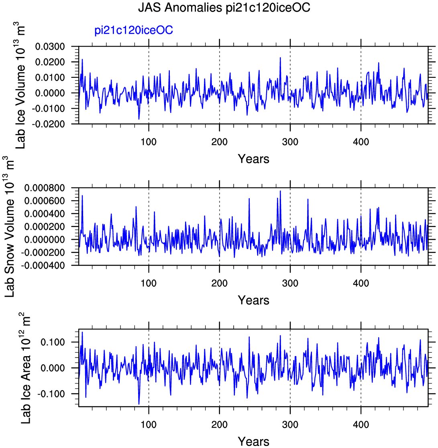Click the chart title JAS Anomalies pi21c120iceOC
pyautogui.click(x=224, y=8)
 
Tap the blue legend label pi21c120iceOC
pyautogui.click(x=134, y=30)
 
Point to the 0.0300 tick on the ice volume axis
pyautogui.click(x=50, y=46)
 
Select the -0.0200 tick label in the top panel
pyautogui.click(x=48, y=124)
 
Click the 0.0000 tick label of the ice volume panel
pyautogui.click(x=50, y=93)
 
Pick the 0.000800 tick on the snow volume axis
pyautogui.click(x=45, y=188)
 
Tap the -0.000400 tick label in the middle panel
pyautogui.click(x=43, y=266)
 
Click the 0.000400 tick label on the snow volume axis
pyautogui.click(x=45, y=214)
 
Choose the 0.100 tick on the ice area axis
pyautogui.click(x=53, y=342)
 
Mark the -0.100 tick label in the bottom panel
pyautogui.click(x=51, y=394)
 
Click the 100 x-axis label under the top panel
pyautogui.click(x=149, y=142)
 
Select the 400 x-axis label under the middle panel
pyautogui.click(x=361, y=283)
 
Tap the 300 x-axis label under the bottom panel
pyautogui.click(x=290, y=425)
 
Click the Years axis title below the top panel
pyautogui.click(x=254, y=159)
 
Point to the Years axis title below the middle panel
pyautogui.click(x=254, y=300)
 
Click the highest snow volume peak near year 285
pyautogui.click(x=280, y=191)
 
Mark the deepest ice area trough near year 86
pyautogui.click(x=139, y=404)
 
